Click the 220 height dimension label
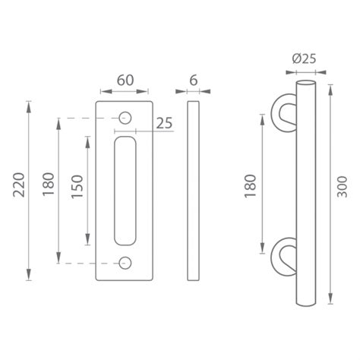pyautogui.click(x=19, y=185)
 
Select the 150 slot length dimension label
pyautogui.click(x=77, y=187)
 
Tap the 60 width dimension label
pyautogui.click(x=125, y=81)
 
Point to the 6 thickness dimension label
pyautogui.click(x=194, y=81)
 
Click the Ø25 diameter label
pyautogui.click(x=304, y=58)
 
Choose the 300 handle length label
pyautogui.click(x=343, y=187)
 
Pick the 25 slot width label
pyautogui.click(x=164, y=123)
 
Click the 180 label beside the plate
pyautogui.click(x=49, y=184)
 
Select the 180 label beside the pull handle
pyautogui.click(x=251, y=185)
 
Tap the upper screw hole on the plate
pyautogui.click(x=125, y=118)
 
